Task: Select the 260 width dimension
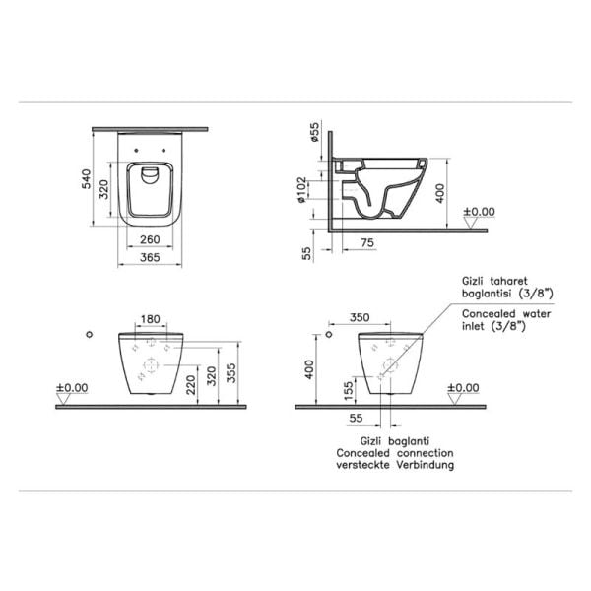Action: [x=151, y=239]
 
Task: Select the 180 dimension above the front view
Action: [x=151, y=319]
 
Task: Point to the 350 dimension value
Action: [x=359, y=319]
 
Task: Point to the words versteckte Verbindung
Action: [x=394, y=465]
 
